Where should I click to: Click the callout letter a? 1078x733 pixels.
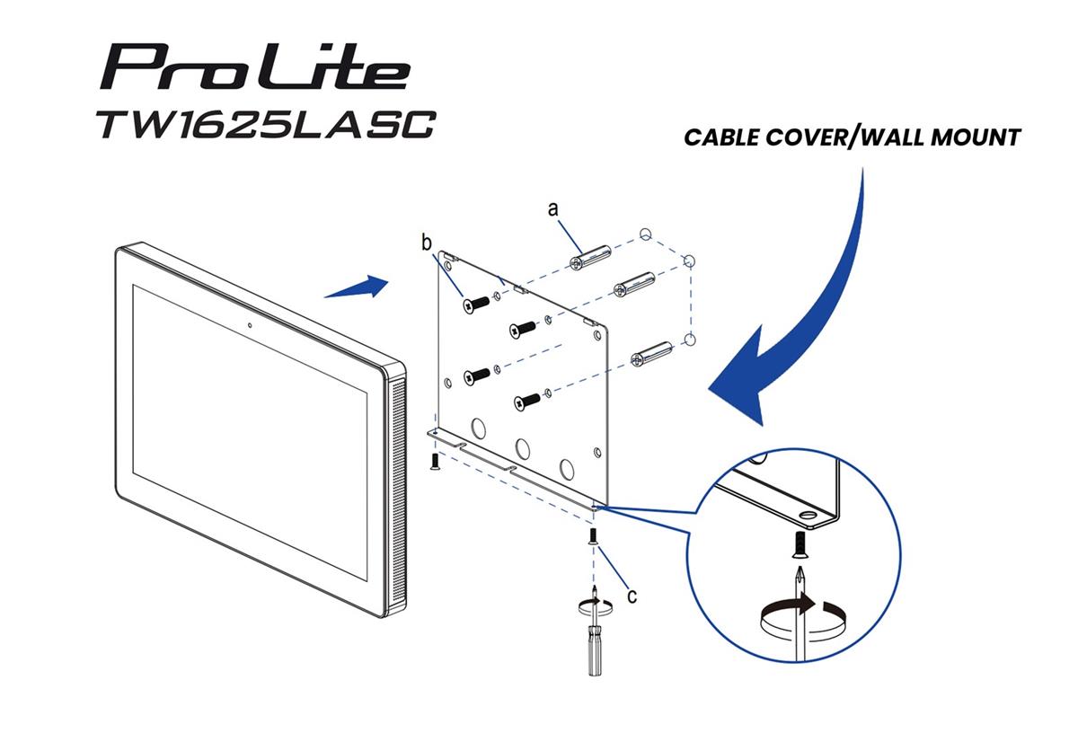click(553, 208)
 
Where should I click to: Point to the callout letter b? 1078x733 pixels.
click(428, 242)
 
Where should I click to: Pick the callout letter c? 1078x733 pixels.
click(632, 595)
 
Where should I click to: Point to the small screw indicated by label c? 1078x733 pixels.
click(594, 538)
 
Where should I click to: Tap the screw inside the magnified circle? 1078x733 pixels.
click(798, 543)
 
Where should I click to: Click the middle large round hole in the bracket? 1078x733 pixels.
click(521, 447)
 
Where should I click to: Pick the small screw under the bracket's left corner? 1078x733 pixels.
click(435, 461)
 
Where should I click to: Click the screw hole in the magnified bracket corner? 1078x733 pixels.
click(806, 517)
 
